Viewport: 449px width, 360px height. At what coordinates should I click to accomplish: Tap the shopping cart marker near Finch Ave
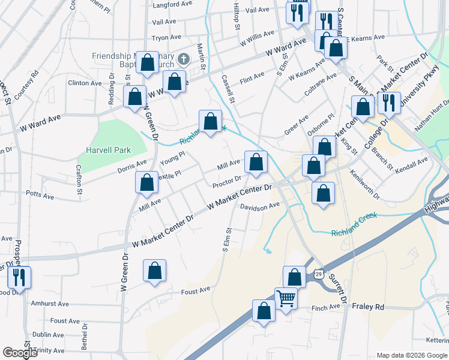click(286, 297)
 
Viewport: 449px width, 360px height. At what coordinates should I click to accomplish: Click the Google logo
click(20, 353)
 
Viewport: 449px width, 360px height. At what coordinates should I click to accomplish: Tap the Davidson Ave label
click(260, 205)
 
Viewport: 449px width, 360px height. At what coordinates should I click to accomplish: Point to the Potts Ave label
click(40, 195)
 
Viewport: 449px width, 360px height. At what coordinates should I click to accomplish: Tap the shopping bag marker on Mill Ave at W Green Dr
click(147, 183)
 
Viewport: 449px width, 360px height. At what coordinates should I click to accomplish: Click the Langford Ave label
click(172, 5)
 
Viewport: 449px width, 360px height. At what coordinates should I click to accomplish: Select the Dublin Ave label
click(49, 335)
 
